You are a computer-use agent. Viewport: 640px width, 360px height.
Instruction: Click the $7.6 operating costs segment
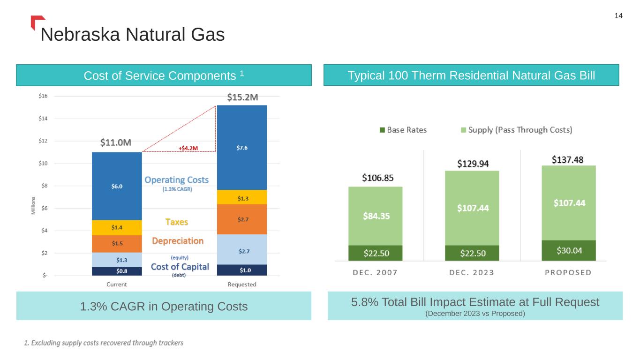pyautogui.click(x=242, y=148)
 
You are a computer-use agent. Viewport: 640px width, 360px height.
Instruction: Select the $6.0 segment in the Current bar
pyautogui.click(x=117, y=186)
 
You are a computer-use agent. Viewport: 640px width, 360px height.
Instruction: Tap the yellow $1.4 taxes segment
pyautogui.click(x=117, y=227)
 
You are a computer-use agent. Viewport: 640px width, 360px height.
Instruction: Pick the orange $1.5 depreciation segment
pyautogui.click(x=117, y=243)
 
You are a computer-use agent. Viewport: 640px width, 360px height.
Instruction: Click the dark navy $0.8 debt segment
pyautogui.click(x=117, y=270)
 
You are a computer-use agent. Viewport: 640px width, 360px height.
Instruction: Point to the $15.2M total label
pyautogui.click(x=242, y=97)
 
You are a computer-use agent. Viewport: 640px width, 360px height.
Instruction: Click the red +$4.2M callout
pyautogui.click(x=188, y=148)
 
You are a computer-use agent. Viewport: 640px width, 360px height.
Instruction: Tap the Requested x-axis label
pyautogui.click(x=242, y=284)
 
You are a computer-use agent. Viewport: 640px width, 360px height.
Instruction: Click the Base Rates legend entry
pyautogui.click(x=403, y=130)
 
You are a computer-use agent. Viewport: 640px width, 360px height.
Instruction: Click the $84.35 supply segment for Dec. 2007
pyautogui.click(x=375, y=216)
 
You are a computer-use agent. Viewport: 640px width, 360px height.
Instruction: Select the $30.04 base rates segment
pyautogui.click(x=569, y=251)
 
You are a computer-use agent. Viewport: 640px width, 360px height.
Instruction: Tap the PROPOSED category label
pyautogui.click(x=568, y=272)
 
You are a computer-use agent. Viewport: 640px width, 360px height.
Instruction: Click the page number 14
pyautogui.click(x=618, y=16)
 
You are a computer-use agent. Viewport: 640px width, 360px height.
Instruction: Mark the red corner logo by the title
pyautogui.click(x=37, y=22)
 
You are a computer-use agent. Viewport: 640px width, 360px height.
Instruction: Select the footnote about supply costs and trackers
pyautogui.click(x=104, y=343)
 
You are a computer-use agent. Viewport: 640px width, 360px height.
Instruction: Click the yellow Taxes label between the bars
pyautogui.click(x=177, y=222)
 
